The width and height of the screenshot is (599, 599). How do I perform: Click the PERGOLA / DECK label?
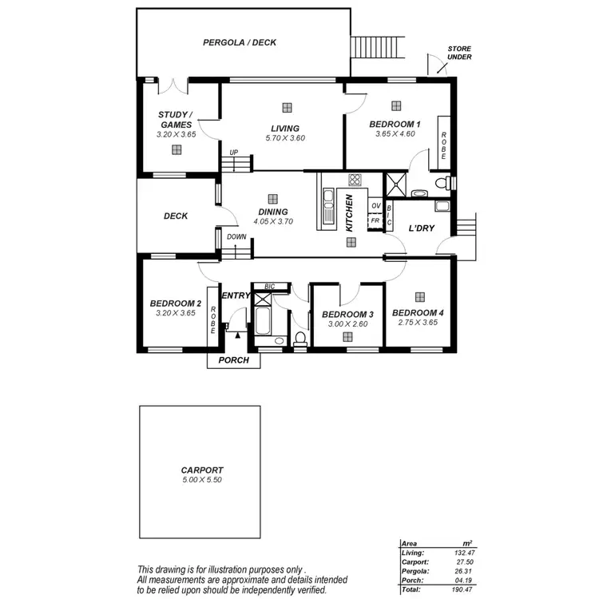coord(239,42)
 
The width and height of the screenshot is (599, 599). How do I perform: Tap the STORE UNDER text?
coord(459,53)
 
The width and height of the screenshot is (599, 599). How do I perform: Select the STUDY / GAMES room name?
coord(175,120)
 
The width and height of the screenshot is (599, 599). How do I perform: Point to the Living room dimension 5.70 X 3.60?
coord(285,138)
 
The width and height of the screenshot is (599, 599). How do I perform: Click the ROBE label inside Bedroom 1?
coord(444,145)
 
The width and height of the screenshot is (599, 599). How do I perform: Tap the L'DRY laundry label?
coord(421,229)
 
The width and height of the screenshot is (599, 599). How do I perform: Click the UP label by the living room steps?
coord(233,153)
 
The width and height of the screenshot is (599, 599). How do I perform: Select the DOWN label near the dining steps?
coord(236,237)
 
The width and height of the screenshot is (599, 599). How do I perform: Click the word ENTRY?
coord(236,296)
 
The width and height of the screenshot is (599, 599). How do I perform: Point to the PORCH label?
coord(234,360)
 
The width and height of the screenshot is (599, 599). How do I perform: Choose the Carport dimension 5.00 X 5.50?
coord(201,480)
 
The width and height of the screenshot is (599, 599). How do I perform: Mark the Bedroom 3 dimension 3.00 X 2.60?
coord(347,324)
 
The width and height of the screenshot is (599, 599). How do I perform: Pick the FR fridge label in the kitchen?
coord(375,220)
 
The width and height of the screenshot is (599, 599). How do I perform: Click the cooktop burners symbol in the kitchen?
coord(353,180)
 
